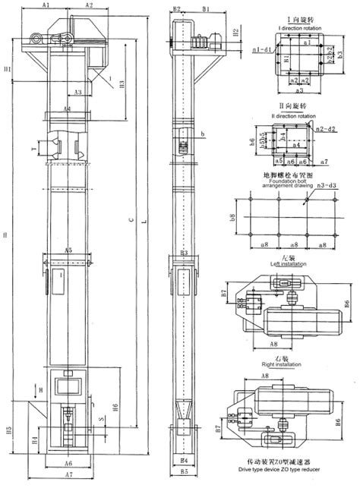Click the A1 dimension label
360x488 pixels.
tap(46, 5)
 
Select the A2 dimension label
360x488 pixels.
tap(89, 5)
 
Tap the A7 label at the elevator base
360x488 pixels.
tap(68, 474)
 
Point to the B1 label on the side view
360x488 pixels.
tap(206, 8)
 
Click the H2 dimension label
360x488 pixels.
tap(236, 32)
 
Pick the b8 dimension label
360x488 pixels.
tap(232, 219)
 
